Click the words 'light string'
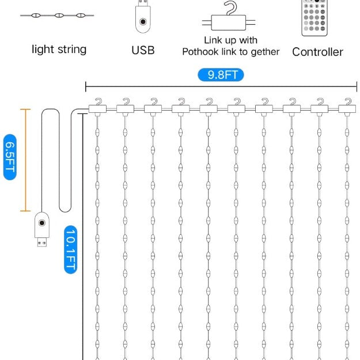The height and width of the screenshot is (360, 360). (x=59, y=50)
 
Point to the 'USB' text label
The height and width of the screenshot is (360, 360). (x=143, y=50)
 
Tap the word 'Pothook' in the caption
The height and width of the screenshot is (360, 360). (x=201, y=52)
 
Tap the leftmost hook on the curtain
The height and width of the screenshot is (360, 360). (x=97, y=105)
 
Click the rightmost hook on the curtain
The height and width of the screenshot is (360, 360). (x=346, y=105)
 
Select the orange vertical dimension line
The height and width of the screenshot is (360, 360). (x=25, y=159)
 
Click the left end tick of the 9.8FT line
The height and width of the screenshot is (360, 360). (x=86, y=87)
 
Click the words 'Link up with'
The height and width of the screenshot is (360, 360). (x=230, y=40)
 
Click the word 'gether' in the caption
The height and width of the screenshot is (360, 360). (x=266, y=52)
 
